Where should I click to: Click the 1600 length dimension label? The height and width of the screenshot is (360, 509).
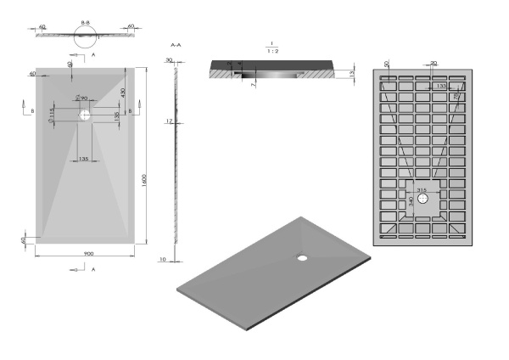145,181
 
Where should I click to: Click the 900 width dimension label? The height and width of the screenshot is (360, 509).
87,254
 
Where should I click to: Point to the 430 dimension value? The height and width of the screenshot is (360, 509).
124,93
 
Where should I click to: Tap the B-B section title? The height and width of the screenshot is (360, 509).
86,17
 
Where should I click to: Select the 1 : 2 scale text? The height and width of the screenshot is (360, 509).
270,51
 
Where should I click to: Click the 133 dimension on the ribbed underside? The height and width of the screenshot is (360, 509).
440,86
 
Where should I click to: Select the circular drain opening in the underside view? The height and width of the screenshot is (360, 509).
422,202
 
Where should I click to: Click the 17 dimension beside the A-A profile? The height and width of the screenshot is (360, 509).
169,121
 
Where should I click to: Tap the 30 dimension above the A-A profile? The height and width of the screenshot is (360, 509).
170,60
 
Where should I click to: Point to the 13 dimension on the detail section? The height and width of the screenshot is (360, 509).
351,76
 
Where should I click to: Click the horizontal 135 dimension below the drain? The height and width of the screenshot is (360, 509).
85,159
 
